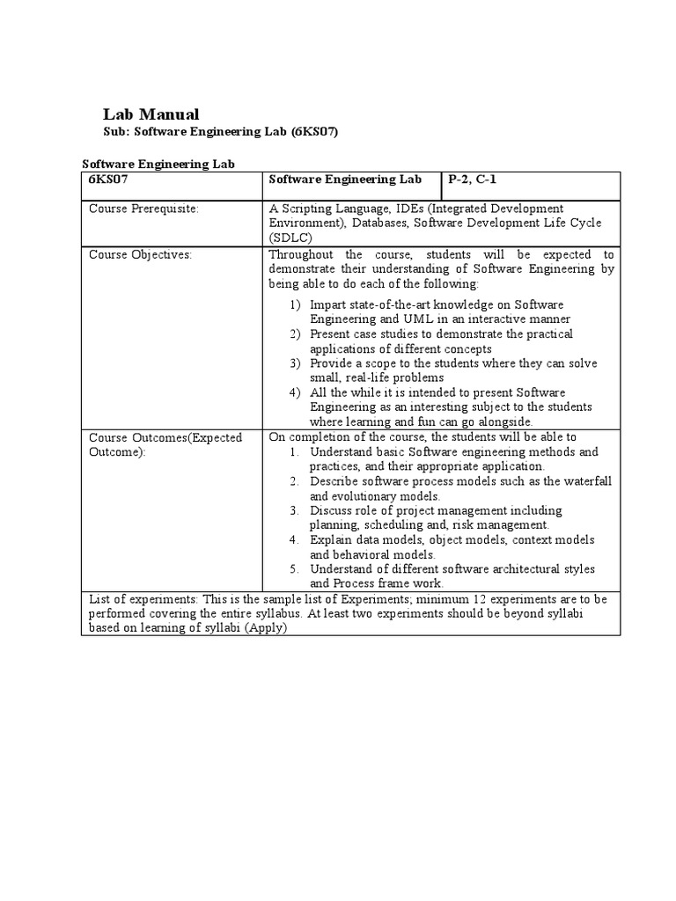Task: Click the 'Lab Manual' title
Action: [151, 114]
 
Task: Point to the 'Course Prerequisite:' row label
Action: [143, 209]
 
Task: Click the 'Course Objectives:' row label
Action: [140, 254]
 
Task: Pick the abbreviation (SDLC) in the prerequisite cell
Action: [290, 238]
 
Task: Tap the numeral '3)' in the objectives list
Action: [296, 363]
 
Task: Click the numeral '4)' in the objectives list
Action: [296, 392]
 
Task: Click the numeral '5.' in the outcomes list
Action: [296, 569]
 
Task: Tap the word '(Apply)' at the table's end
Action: [267, 628]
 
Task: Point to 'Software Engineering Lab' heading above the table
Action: [158, 164]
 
